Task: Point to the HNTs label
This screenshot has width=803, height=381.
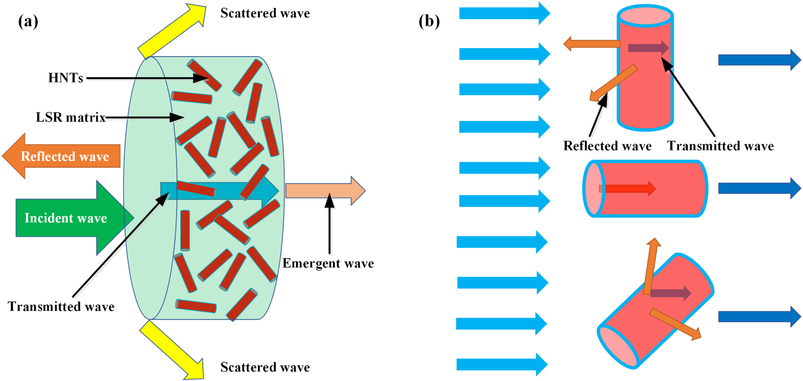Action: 65,78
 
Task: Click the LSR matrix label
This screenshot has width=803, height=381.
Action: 70,117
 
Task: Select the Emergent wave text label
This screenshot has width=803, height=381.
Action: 328,263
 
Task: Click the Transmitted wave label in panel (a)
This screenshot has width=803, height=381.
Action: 61,307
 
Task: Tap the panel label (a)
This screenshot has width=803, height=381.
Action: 28,21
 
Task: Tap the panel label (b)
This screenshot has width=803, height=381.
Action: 429,21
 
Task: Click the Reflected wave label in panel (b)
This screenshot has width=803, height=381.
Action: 607,146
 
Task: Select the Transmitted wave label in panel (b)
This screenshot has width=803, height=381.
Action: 720,146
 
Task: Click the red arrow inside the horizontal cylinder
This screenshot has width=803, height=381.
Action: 628,189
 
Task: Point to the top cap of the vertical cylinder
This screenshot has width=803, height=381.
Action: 645,16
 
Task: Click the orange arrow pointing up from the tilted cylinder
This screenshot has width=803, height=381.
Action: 651,266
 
